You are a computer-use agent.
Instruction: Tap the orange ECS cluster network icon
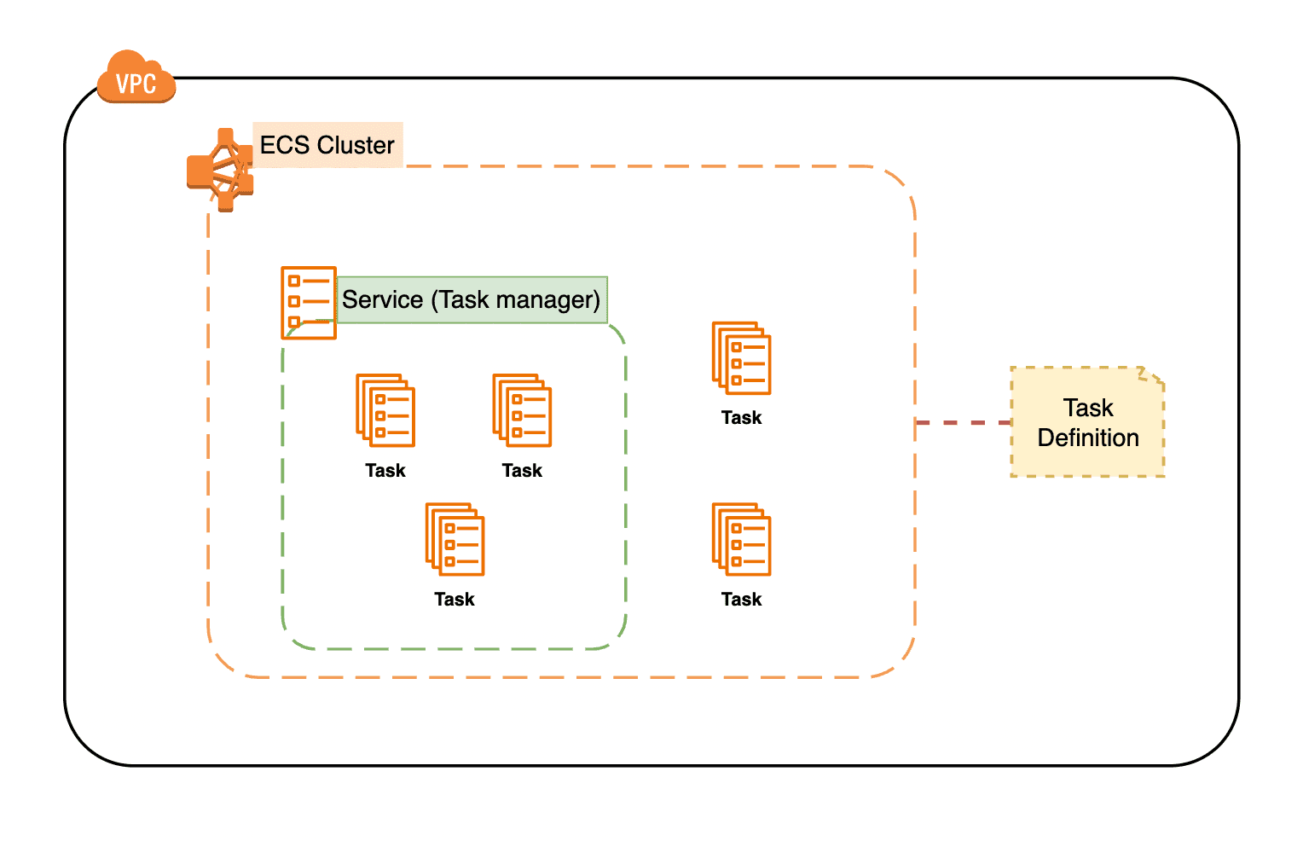tap(220, 170)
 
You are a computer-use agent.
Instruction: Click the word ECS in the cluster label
tap(284, 145)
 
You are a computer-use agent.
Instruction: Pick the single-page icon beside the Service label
tap(308, 302)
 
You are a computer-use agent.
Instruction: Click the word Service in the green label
tap(382, 300)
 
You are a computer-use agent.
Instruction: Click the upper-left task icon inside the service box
tap(385, 410)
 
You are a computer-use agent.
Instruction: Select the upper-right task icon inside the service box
tap(522, 410)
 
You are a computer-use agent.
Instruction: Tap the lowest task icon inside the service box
tap(455, 539)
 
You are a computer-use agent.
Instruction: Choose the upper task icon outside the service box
tap(741, 358)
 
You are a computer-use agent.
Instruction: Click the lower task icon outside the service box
tap(741, 539)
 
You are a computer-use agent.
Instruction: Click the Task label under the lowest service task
tap(455, 600)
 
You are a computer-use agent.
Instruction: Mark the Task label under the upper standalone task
tap(741, 418)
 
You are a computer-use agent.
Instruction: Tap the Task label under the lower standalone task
tap(741, 600)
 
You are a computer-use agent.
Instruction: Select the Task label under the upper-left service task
tap(385, 471)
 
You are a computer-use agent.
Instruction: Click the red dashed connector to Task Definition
tap(963, 422)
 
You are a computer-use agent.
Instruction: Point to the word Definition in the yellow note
tap(1088, 438)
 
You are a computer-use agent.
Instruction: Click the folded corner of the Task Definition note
tap(1152, 377)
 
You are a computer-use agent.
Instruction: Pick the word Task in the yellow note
tap(1088, 408)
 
